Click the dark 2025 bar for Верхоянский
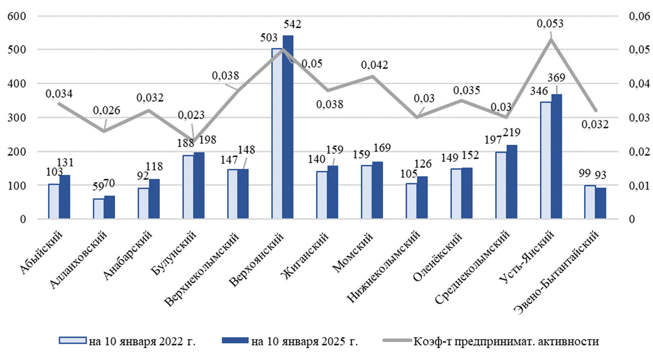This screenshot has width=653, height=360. pyautogui.click(x=288, y=127)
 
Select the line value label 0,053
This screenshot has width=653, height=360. pyautogui.click(x=551, y=23)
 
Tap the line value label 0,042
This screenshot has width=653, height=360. pyautogui.click(x=374, y=65)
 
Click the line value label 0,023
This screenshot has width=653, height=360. pyautogui.click(x=192, y=115)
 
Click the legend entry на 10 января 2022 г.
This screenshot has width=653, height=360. pyautogui.click(x=127, y=341)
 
